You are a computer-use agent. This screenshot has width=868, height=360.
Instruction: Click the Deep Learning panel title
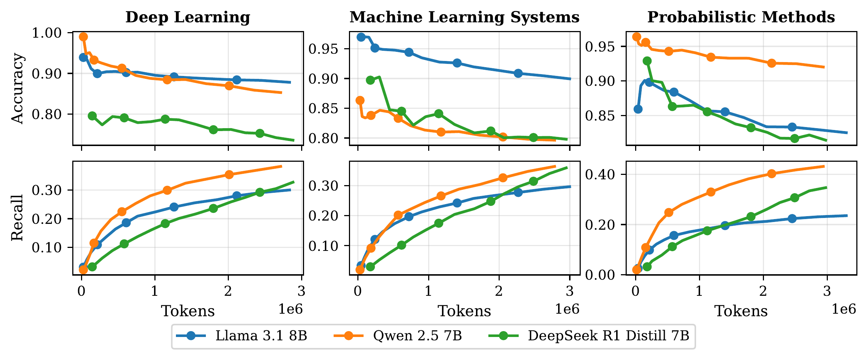point(188,17)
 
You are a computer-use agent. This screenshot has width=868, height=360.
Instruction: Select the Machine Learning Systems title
point(464,17)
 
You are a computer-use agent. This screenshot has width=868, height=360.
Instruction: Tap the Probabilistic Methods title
point(741,17)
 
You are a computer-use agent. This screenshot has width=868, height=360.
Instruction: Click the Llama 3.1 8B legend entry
point(261,336)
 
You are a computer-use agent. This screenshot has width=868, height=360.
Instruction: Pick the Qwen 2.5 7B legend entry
point(417,336)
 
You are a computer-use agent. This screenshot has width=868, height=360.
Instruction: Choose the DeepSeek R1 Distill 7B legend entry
point(608,336)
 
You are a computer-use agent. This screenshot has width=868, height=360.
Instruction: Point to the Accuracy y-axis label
point(17,89)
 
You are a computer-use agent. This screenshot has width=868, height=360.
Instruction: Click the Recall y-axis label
point(17,218)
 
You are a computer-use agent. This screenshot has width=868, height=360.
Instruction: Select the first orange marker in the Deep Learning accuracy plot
point(83,37)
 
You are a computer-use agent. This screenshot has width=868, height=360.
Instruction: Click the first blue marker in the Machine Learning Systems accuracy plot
point(361,37)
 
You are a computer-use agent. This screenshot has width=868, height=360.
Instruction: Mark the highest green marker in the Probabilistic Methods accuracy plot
point(647,61)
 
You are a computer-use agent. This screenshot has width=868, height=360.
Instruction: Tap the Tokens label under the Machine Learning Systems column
point(464,311)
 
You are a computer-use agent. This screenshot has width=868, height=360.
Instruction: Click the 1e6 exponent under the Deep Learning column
point(291,309)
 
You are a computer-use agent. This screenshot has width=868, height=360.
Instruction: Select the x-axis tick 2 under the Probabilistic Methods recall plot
point(763,291)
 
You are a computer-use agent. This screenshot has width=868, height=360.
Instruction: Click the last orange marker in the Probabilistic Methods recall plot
point(771,174)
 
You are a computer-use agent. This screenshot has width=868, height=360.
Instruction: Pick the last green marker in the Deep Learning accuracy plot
point(260,133)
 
